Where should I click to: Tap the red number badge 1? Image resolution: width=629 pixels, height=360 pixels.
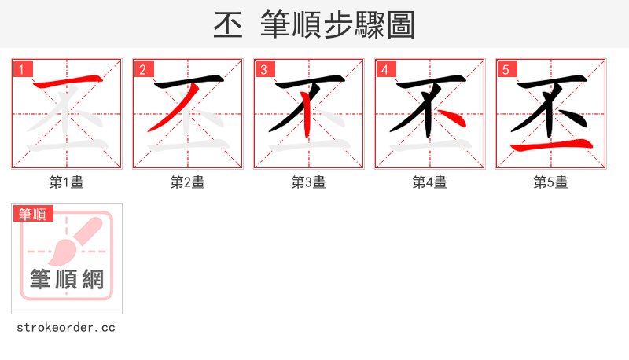[21, 69]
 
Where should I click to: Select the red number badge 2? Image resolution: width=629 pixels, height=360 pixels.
[142, 69]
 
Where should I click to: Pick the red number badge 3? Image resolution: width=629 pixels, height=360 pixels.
[263, 69]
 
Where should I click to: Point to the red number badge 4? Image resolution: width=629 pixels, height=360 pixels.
[384, 69]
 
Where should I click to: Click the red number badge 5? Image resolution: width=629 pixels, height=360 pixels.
[506, 69]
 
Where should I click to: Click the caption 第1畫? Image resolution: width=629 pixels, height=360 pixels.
[67, 182]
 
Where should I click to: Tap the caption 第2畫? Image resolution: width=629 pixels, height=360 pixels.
[188, 182]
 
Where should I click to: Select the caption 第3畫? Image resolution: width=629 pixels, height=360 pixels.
[309, 182]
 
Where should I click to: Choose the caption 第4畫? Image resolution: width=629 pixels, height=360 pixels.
[430, 182]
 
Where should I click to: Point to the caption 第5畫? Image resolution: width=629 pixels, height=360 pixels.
[551, 182]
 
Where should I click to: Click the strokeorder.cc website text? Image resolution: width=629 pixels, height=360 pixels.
[66, 328]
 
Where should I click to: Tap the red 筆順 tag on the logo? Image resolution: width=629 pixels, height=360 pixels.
[32, 213]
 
